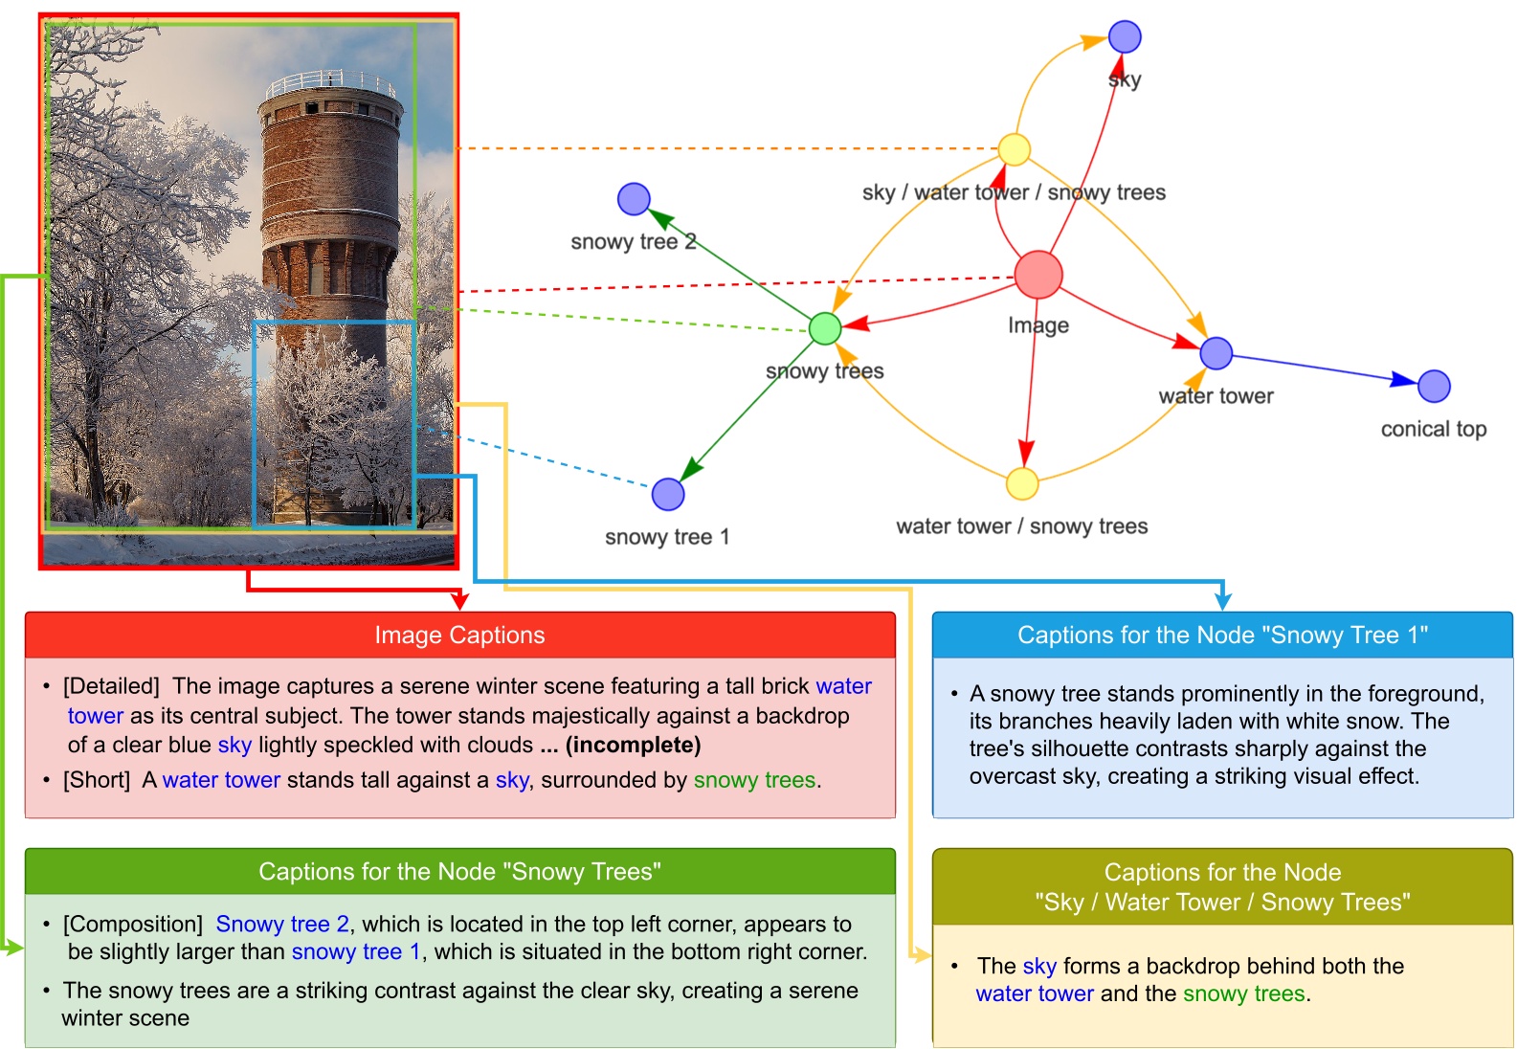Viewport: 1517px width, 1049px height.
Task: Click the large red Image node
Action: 1037,275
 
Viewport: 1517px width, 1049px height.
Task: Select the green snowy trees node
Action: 824,328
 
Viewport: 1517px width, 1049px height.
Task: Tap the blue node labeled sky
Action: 1125,37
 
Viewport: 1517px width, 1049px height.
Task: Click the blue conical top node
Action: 1434,387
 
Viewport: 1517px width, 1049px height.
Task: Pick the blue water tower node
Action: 1216,353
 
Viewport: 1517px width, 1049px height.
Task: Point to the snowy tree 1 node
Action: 667,495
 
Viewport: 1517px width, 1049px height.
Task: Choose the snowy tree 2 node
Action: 634,199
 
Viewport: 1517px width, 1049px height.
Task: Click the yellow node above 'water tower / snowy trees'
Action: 1022,484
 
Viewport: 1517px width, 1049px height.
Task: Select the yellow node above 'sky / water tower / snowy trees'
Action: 1014,149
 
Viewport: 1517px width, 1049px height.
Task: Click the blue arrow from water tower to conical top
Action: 1321,368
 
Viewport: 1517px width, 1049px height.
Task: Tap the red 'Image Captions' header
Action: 459,636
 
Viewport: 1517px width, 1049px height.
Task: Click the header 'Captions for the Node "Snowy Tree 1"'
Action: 1222,636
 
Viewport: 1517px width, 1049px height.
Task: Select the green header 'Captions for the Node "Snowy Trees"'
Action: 459,872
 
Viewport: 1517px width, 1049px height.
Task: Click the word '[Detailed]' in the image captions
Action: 111,686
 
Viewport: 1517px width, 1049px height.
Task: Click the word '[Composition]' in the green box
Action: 132,925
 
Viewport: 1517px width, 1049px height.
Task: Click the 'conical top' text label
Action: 1433,429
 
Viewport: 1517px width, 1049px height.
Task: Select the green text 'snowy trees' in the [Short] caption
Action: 754,780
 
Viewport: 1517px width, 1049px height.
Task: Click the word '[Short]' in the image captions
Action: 96,780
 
